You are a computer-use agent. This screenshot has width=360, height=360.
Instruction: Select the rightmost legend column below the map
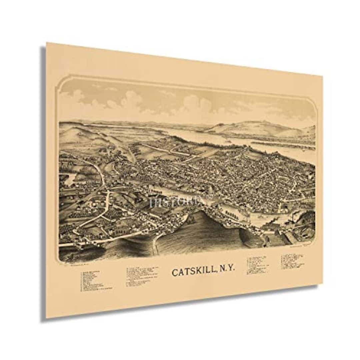pos(292,261)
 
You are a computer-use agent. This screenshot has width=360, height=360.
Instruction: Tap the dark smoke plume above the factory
pos(277,220)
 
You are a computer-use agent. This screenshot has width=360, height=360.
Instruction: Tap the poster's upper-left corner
pos(47,43)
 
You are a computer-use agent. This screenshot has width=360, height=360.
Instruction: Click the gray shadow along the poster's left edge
pos(43,180)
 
